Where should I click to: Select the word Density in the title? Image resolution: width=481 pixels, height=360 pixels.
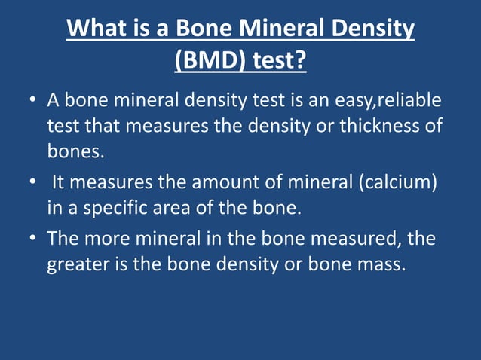coord(369,29)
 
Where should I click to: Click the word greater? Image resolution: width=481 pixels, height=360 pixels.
coord(78,264)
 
